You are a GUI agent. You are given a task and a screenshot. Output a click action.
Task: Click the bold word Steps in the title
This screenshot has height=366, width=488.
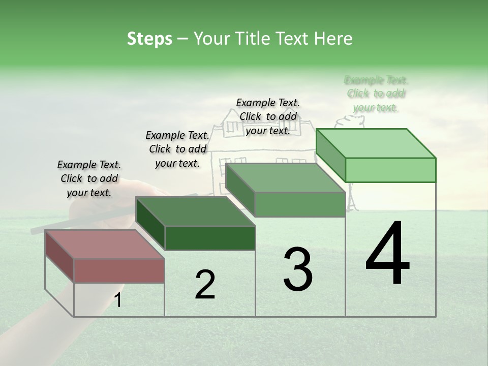(149, 39)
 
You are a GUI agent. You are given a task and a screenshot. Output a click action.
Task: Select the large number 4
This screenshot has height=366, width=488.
(387, 254)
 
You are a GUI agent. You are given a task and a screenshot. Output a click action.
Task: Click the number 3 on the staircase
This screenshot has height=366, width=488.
(298, 269)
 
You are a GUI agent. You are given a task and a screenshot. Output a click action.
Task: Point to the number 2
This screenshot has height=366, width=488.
(205, 285)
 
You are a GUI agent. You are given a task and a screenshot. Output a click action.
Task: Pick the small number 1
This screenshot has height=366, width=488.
(118, 300)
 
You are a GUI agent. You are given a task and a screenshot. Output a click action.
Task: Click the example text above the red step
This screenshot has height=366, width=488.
(89, 178)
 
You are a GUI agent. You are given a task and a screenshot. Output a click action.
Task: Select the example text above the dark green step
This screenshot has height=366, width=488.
(177, 149)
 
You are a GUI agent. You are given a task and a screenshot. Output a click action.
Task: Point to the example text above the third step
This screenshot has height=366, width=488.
(268, 116)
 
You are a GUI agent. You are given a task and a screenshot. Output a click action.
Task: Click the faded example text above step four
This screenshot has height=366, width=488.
(376, 94)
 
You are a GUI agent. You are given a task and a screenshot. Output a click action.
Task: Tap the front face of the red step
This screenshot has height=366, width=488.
(119, 270)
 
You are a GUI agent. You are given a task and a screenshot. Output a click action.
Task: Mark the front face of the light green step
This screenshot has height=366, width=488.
(390, 170)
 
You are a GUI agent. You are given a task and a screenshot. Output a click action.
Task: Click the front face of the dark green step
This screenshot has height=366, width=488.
(210, 238)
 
